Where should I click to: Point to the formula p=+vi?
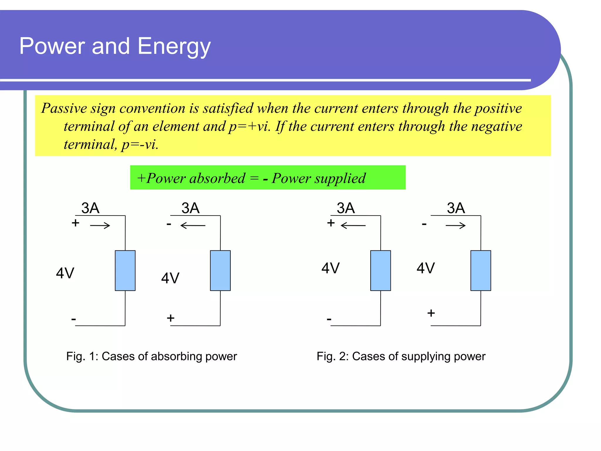[x=249, y=126]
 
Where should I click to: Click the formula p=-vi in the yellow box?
[x=140, y=144]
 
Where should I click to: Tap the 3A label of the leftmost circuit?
[x=90, y=208]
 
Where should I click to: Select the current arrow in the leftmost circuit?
[x=100, y=225]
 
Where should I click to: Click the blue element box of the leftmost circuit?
[x=125, y=270]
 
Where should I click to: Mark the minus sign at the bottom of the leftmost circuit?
[x=73, y=319]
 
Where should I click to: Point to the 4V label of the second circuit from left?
[x=170, y=278]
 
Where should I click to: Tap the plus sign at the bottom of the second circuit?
[x=170, y=318]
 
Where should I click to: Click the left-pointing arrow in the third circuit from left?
[x=353, y=225]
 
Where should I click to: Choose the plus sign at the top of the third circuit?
[x=331, y=223]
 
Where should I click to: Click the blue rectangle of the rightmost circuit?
[x=481, y=270]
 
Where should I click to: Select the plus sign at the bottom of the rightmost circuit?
[x=431, y=313]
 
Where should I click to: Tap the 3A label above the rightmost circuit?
[x=456, y=208]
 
